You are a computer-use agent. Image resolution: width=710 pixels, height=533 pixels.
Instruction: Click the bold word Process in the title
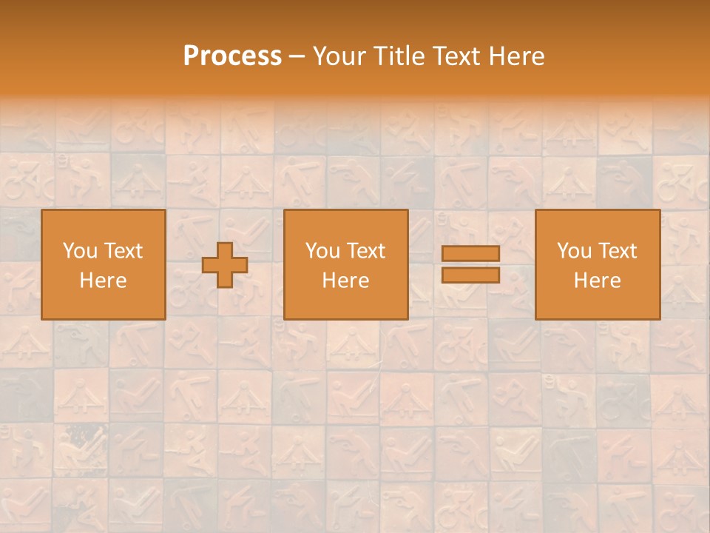(x=232, y=56)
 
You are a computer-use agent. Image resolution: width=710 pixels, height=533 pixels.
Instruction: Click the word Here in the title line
(x=517, y=56)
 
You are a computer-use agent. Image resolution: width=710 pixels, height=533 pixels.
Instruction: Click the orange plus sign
(x=225, y=265)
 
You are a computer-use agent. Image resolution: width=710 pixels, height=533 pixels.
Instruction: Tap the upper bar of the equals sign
(x=470, y=254)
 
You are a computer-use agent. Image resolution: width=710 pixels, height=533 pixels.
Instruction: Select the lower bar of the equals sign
(x=470, y=275)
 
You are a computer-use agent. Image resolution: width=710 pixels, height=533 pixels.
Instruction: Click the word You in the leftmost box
(x=79, y=251)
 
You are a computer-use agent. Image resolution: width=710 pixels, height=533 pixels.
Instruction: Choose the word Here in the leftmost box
(x=103, y=281)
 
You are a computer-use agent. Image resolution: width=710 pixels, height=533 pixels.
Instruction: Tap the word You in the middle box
(x=322, y=251)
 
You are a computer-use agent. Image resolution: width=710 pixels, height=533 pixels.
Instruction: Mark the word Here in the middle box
(x=345, y=281)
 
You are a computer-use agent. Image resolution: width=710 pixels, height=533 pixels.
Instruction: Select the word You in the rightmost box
(x=573, y=251)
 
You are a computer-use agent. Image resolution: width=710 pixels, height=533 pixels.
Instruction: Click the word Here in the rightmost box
(x=597, y=281)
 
